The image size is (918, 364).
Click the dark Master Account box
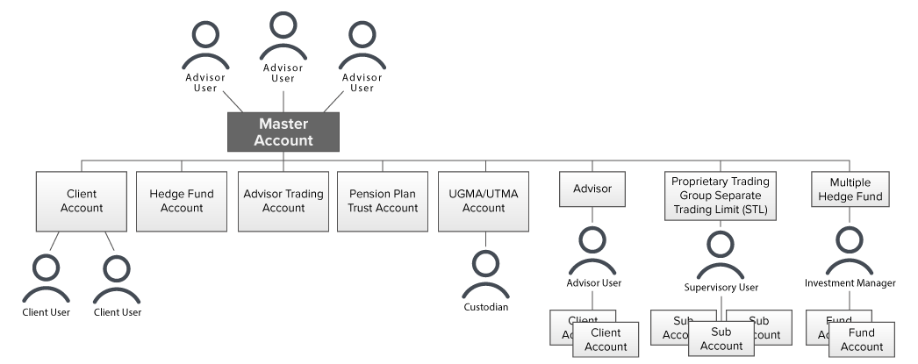(283, 132)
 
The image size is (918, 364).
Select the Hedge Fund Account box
(182, 201)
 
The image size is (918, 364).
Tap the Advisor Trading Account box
(283, 201)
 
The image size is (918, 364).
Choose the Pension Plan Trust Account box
(383, 201)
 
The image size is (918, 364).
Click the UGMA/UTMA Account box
(484, 201)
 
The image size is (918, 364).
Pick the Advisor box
(592, 189)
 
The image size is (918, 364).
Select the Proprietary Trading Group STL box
(720, 196)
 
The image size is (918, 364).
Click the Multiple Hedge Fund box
(849, 189)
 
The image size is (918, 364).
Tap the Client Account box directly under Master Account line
(81, 201)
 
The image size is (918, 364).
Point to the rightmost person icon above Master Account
(362, 47)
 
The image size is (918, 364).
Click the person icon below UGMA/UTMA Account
(484, 275)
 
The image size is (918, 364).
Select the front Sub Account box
(721, 339)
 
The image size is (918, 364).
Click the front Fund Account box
(861, 339)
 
